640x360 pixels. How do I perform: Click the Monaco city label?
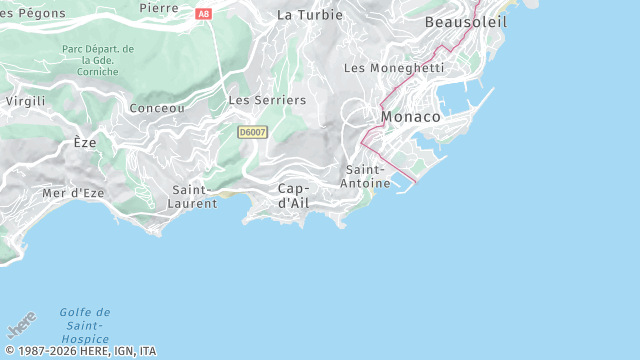410,117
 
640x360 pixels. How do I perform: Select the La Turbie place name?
309,15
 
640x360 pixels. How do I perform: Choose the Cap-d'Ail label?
293,195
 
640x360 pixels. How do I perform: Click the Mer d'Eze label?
68,192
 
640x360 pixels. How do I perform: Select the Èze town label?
85,143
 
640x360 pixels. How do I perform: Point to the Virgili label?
25,101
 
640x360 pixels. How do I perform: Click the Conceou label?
157,108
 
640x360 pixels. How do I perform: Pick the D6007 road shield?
252,132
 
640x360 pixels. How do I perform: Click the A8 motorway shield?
204,14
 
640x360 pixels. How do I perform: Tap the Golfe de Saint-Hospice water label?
84,325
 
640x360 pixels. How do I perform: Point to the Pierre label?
159,8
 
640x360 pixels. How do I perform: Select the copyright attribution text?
80,351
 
